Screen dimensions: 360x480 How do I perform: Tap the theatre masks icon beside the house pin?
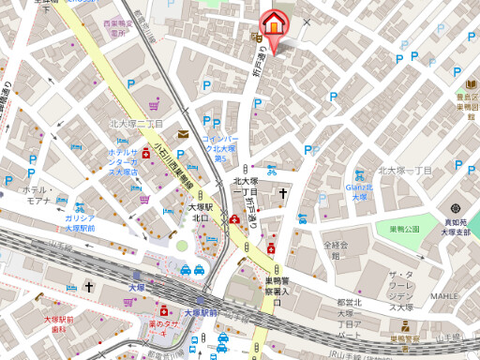[x=254, y=37]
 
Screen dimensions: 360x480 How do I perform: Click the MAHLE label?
[x=444, y=295]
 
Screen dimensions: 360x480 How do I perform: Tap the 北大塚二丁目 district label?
[x=137, y=123]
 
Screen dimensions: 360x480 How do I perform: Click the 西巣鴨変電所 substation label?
[x=116, y=27]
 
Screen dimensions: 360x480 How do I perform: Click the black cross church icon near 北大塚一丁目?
[x=281, y=194]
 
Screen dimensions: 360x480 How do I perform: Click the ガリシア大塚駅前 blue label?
[x=80, y=222]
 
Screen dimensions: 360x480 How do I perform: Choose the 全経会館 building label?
[x=335, y=248]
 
